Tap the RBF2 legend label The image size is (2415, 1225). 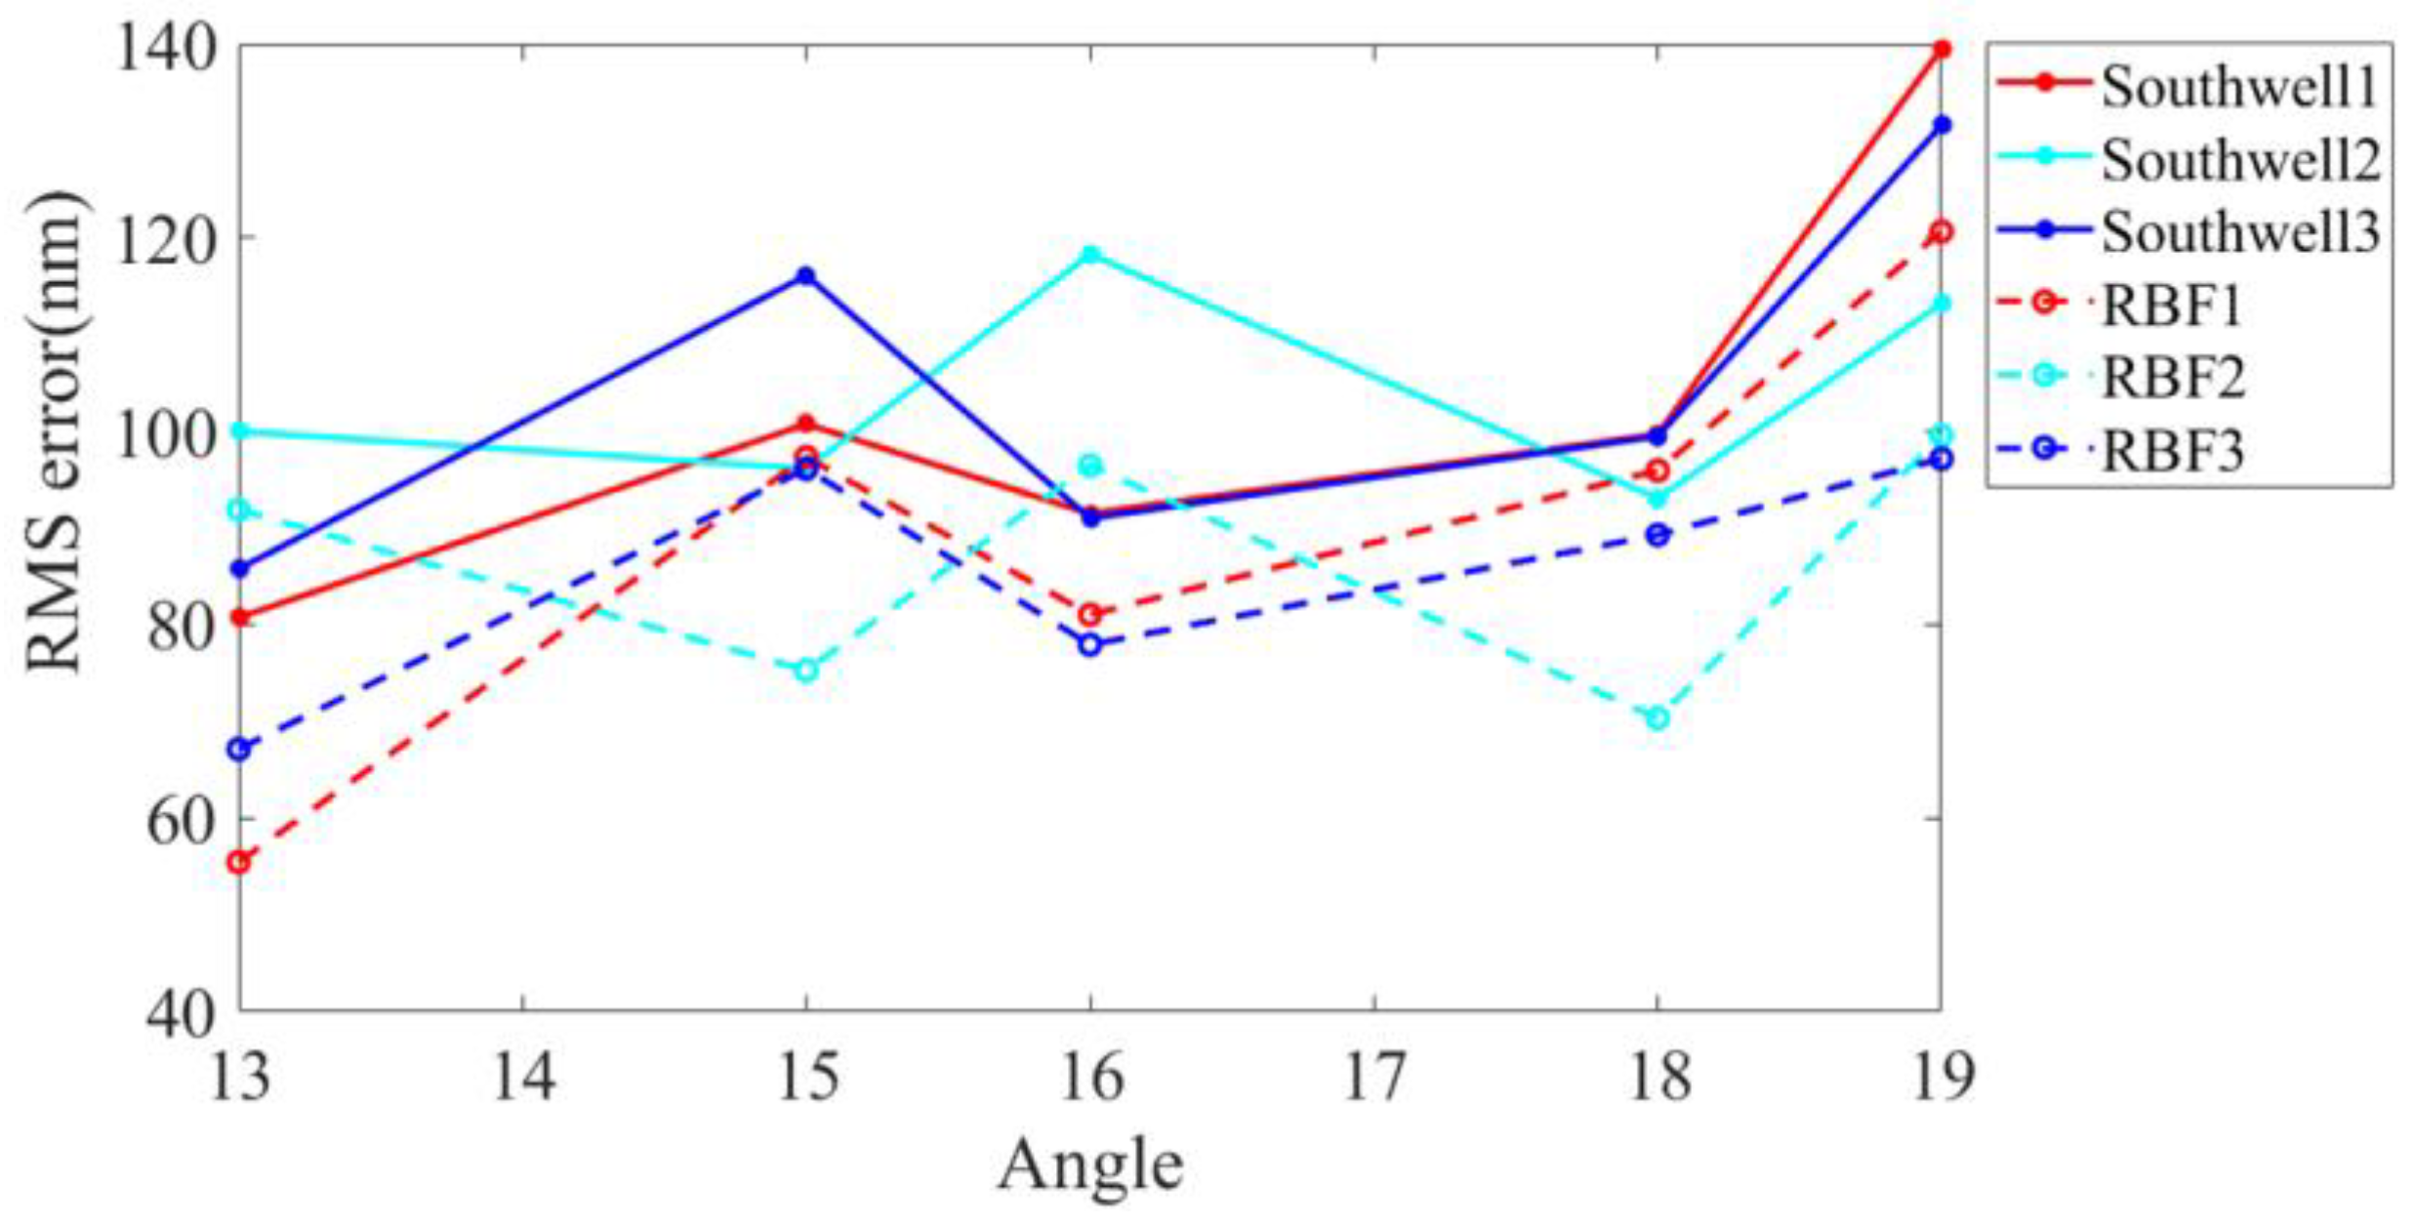point(2172,377)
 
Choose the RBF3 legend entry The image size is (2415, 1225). point(2172,450)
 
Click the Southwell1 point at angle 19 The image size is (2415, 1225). point(1942,49)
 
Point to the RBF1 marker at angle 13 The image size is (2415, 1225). point(239,862)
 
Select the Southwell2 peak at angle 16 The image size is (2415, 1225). point(1090,255)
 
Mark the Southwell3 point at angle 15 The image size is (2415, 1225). point(805,276)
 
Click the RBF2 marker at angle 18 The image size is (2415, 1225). point(1658,718)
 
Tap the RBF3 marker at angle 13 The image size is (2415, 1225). point(239,749)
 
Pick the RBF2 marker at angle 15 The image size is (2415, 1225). point(805,670)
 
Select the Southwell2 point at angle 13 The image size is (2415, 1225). point(239,430)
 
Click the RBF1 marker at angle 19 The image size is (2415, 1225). point(1942,231)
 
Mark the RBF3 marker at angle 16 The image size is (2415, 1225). point(1090,644)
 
